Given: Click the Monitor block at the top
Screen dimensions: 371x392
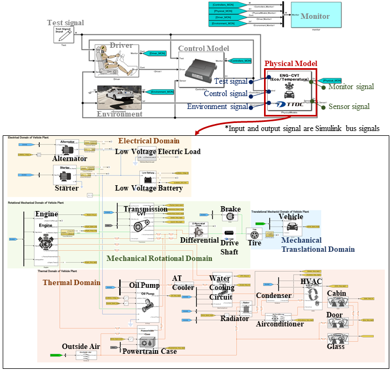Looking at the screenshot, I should coord(315,16).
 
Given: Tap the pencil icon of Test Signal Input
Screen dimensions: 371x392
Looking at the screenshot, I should coord(63,36).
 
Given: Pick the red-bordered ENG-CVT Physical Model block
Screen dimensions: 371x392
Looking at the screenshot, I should coord(289,91).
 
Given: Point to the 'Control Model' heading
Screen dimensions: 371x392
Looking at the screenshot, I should coord(204,48).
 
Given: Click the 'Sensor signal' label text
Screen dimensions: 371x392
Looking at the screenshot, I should coord(349,106).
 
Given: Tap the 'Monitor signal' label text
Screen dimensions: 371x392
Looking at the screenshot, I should coord(351,86).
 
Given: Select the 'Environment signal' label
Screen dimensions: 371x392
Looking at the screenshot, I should coord(218,106).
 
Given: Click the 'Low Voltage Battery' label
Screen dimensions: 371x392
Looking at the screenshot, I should coord(149,188).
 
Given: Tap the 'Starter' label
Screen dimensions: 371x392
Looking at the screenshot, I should coord(66,188).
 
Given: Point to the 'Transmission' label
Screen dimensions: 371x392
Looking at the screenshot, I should coord(145,209).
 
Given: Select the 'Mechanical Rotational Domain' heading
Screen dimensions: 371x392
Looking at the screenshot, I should coord(159,258).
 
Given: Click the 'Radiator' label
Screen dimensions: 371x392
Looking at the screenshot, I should coord(235,318).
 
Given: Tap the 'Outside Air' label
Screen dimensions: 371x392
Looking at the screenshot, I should coord(81,346).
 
